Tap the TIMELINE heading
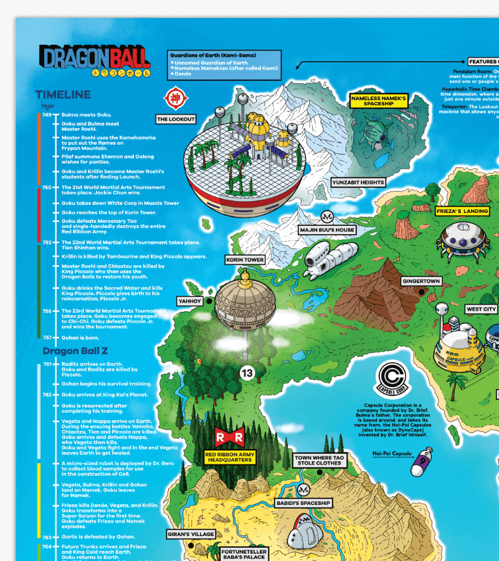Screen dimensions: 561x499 tap(63, 95)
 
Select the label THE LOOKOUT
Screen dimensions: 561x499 tap(176, 119)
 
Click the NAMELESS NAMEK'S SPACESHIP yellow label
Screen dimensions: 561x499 tap(378, 101)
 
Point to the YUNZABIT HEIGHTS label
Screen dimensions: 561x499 tap(358, 182)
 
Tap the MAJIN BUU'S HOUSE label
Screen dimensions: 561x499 tap(327, 230)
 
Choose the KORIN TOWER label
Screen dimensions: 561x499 tap(245, 260)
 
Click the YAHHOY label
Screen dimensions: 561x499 tap(190, 301)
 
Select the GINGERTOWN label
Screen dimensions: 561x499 tap(421, 281)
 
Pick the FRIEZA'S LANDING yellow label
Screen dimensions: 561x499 tap(462, 211)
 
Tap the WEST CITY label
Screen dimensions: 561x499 tap(481, 309)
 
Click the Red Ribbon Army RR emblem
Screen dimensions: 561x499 tap(229, 438)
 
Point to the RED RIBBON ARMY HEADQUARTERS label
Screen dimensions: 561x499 tap(230, 458)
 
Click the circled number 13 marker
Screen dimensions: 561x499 tap(247, 373)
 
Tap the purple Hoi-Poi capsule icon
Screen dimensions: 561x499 tap(423, 461)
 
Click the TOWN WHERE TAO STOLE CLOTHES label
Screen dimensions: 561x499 tap(320, 460)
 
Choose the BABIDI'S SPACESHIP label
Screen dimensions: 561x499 tap(303, 503)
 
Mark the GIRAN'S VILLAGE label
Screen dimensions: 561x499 tap(191, 534)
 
